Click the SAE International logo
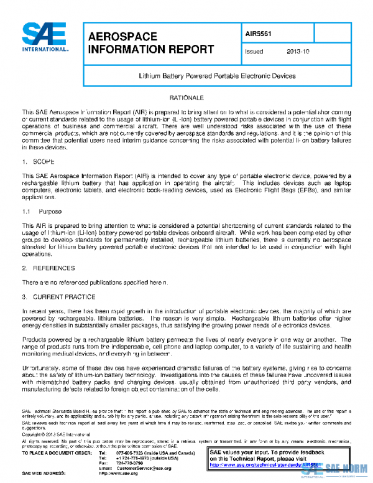click(x=45, y=37)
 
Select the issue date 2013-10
click(x=298, y=52)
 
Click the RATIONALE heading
click(x=186, y=99)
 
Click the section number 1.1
click(x=26, y=212)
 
